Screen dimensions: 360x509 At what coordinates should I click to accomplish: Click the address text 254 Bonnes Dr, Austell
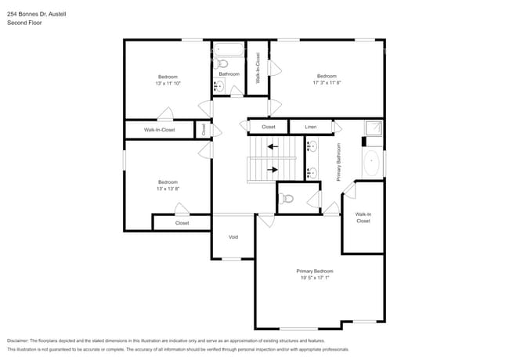(x=36, y=13)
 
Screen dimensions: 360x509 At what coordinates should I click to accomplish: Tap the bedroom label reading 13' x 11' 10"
(x=168, y=80)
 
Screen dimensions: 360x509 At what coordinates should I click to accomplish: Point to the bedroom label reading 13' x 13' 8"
(x=168, y=185)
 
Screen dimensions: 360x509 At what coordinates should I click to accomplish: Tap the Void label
(x=233, y=237)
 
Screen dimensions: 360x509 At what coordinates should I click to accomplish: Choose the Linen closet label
(x=310, y=127)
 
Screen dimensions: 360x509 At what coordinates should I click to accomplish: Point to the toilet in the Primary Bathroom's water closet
(x=287, y=199)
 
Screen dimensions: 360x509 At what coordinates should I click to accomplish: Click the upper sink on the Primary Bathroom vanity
(x=312, y=146)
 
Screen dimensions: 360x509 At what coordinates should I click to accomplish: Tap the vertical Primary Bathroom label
(x=338, y=162)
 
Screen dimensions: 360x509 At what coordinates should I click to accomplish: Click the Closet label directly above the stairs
(x=268, y=127)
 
